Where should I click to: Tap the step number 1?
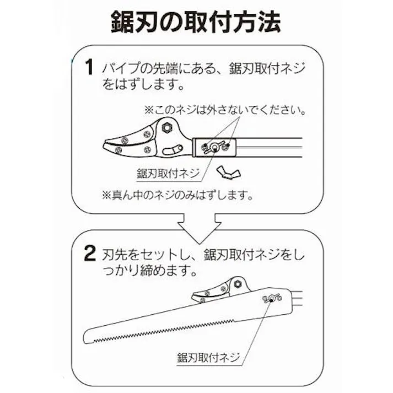point(89,70)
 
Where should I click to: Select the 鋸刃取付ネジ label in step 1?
point(168,173)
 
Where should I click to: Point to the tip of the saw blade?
point(87,337)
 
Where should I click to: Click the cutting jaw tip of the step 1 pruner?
point(106,147)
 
